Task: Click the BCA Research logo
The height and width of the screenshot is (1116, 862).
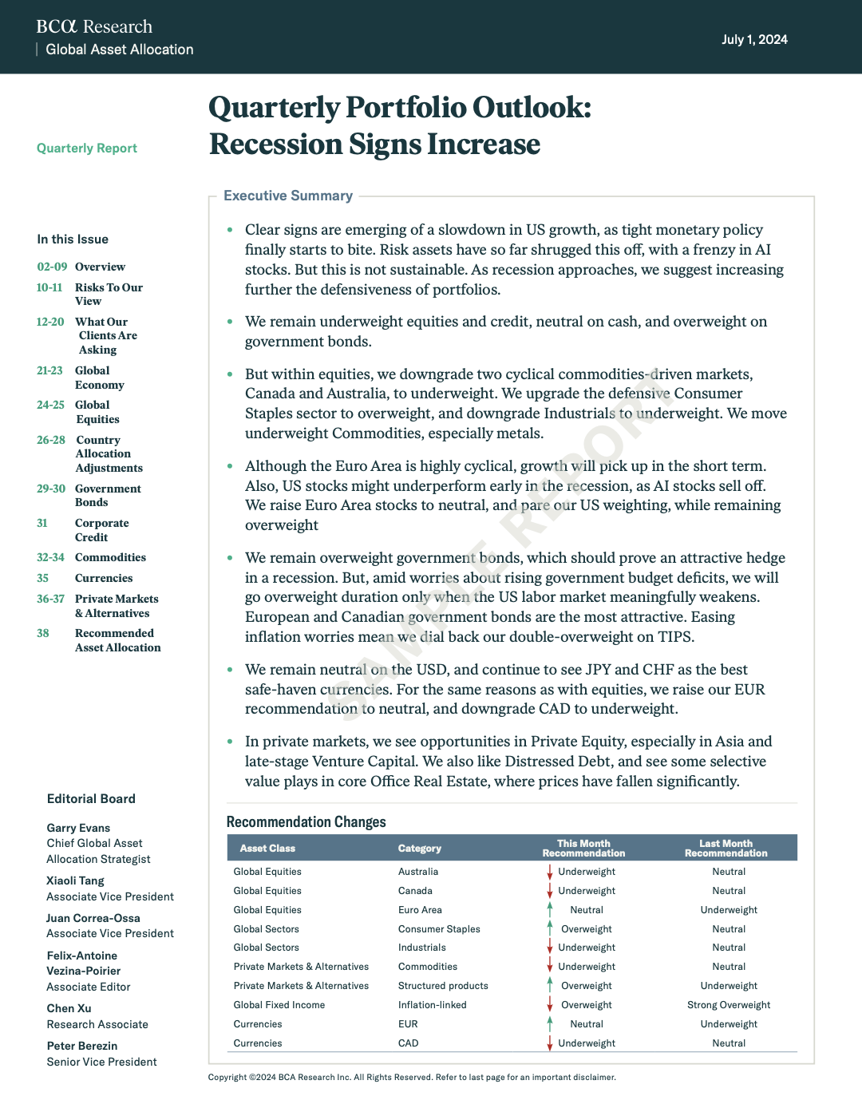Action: coord(94,27)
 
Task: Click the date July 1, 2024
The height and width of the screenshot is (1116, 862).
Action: coord(754,40)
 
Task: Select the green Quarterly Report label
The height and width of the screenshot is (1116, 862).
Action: coord(87,148)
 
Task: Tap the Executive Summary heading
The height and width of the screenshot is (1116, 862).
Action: coord(288,196)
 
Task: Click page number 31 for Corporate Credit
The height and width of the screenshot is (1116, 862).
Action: coord(42,524)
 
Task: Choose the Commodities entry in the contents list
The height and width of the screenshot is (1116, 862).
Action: coord(110,558)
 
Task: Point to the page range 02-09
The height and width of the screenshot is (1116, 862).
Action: coord(52,267)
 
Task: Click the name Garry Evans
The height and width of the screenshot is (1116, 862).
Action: coord(78,829)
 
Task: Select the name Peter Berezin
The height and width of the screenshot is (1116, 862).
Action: coord(82,1046)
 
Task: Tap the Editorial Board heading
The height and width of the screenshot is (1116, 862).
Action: coord(91,799)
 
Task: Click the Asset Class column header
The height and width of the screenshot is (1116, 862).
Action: coord(267,849)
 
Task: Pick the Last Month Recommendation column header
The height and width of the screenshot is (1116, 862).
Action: coord(726,849)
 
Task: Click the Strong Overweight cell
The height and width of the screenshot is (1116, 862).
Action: coord(729,1005)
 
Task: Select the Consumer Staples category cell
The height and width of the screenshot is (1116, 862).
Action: coord(439,929)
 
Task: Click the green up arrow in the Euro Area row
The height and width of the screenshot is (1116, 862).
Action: coord(550,909)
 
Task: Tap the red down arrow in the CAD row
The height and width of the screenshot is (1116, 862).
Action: coord(550,1043)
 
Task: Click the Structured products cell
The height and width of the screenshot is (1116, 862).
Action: coord(443,986)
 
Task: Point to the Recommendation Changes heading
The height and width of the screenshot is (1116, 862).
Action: coord(306,822)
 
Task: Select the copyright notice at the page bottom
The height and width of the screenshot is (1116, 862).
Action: coord(412,1078)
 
